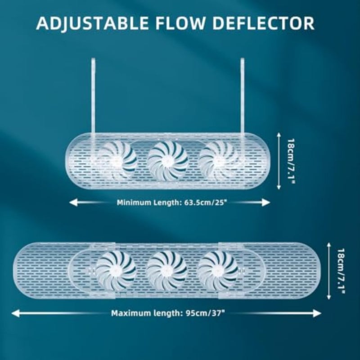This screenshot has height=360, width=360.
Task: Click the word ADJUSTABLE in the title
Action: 92,23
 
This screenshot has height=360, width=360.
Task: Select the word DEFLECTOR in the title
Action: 263,23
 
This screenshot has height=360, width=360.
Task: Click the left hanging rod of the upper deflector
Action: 93,96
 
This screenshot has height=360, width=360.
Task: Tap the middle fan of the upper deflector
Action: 167,161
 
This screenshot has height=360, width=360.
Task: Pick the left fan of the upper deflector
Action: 117,161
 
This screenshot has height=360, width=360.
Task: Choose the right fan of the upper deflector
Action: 219,161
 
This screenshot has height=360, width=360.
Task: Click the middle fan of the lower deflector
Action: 167,271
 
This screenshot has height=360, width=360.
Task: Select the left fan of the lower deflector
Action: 116,271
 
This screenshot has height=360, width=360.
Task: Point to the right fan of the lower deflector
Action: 218,271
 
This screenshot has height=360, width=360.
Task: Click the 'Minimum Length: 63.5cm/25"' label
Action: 170,203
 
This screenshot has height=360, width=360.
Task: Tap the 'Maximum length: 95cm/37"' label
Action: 167,313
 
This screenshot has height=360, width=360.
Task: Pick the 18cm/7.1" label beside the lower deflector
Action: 341,271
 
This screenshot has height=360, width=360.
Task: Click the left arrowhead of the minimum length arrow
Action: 73,203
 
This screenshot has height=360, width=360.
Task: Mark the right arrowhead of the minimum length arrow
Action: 266,203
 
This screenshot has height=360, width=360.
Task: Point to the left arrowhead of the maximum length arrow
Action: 16,313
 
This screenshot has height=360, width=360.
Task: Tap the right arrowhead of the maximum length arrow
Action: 317,313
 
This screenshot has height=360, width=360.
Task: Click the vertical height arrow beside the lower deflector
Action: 329,271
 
